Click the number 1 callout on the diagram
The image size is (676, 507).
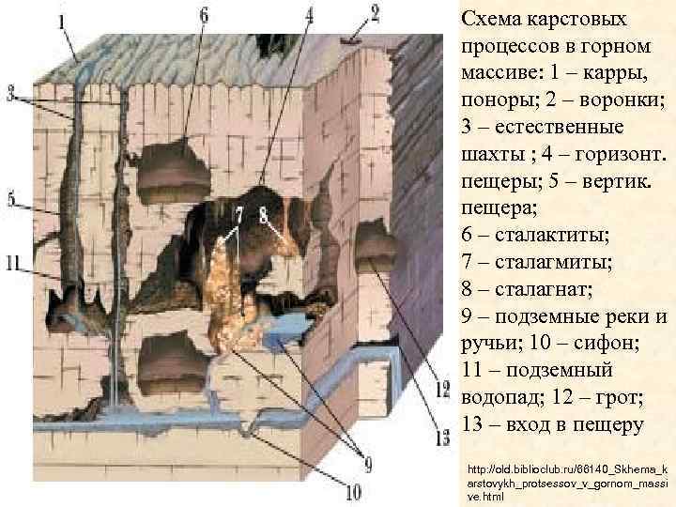[x=63, y=20]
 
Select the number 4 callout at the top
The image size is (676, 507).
[x=310, y=15]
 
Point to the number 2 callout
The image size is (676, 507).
[x=375, y=13]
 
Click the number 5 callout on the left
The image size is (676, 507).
[x=12, y=199]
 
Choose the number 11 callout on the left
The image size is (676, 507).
[x=13, y=264]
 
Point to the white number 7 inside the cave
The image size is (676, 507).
[x=239, y=215]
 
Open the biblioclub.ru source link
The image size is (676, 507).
[x=560, y=481]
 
